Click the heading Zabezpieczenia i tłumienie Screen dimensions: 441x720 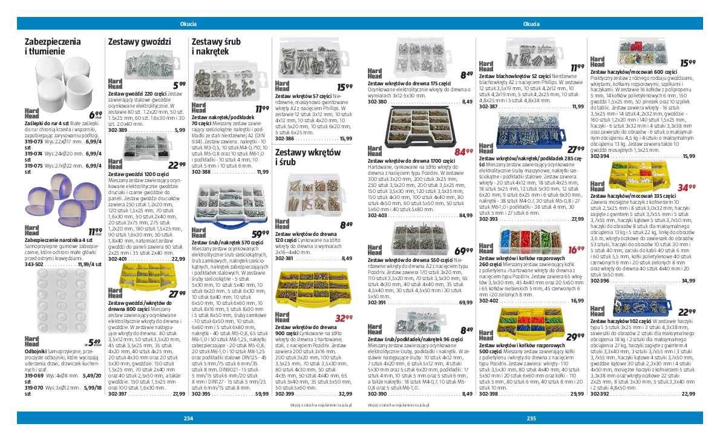tap(53, 47)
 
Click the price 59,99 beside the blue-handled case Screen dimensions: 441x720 tap(261, 234)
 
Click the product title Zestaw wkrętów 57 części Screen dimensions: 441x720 tap(303, 96)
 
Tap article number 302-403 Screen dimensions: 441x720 tap(377, 215)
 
